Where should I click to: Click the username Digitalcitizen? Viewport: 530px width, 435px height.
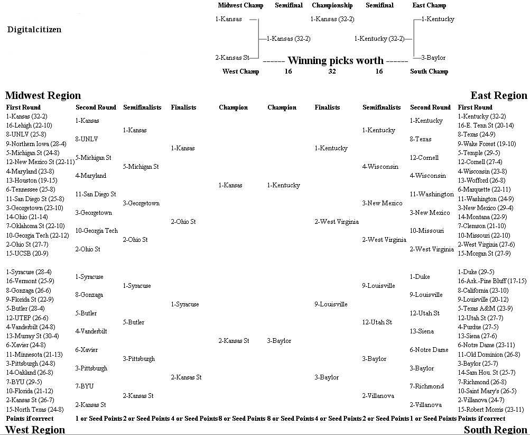pyautogui.click(x=34, y=30)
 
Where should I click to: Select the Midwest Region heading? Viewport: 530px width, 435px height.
pyautogui.click(x=43, y=95)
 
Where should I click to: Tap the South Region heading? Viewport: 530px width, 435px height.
pyautogui.click(x=495, y=430)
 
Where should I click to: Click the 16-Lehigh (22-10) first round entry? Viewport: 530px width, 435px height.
pyautogui.click(x=29, y=125)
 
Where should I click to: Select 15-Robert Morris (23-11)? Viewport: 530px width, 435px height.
pyautogui.click(x=491, y=409)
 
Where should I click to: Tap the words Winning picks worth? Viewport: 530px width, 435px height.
pyautogui.click(x=336, y=60)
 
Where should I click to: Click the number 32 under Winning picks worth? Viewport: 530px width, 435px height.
pyautogui.click(x=332, y=71)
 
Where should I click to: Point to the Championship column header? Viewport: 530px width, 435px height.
pyautogui.click(x=332, y=5)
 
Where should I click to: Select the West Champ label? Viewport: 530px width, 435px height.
pyautogui.click(x=240, y=71)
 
